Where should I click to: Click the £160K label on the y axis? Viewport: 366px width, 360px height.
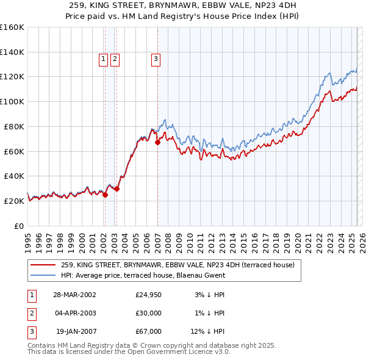tap(12, 27)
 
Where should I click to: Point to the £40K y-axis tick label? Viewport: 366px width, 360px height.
tap(14, 176)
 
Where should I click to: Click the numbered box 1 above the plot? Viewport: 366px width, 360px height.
tap(104, 59)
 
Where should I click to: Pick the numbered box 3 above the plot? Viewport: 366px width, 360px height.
tap(156, 59)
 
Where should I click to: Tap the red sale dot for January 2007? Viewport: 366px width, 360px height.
tap(157, 143)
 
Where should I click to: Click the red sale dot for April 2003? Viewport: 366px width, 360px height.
tap(117, 189)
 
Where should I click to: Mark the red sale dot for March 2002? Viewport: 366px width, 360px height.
tap(105, 195)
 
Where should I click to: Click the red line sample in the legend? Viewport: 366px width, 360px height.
tap(44, 265)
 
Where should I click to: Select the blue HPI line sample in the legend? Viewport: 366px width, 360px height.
tap(44, 275)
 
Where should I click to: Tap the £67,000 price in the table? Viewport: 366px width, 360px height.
tap(148, 331)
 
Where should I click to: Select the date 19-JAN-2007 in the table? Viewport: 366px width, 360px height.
tap(74, 331)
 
